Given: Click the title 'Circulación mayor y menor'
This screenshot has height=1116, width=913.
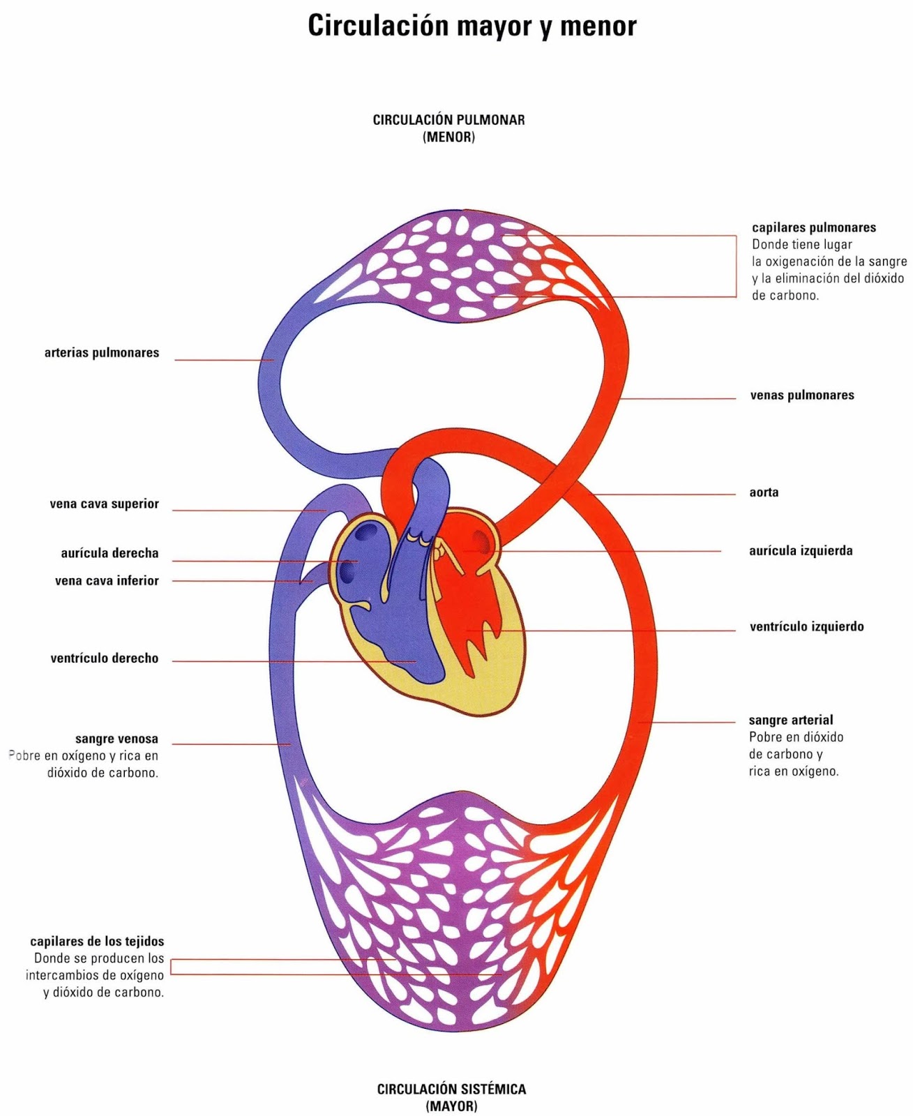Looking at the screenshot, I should point(472,27).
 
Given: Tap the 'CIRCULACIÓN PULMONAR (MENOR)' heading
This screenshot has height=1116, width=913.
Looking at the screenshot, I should point(448,128).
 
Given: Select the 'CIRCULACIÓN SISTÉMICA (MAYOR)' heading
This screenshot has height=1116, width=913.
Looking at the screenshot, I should point(451,1097).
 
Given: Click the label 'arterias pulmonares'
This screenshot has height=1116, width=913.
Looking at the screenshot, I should point(102,353).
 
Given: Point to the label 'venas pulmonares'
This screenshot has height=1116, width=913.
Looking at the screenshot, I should point(801,395).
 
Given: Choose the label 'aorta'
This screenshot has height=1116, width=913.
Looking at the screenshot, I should point(764,492).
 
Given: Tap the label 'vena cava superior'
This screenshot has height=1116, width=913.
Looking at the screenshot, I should point(104,504).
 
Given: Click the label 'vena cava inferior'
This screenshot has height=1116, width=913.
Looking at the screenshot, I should point(107,581).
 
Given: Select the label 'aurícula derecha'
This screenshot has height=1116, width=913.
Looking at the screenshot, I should point(110,554).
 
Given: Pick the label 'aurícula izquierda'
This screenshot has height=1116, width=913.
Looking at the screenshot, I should point(801,551).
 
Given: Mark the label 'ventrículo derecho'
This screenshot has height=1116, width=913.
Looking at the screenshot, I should point(104,658).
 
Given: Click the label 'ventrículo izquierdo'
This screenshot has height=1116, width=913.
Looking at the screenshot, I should point(806,627).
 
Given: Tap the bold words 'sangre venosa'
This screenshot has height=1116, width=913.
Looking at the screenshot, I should point(116,739).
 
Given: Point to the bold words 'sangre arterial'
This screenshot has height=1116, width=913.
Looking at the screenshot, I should point(791,721).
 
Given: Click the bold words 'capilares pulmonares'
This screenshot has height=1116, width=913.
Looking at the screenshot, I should point(814,228).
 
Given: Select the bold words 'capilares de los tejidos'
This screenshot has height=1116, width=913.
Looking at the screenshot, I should point(97,942).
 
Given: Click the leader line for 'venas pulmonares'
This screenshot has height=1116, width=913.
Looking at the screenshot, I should point(677,399).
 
